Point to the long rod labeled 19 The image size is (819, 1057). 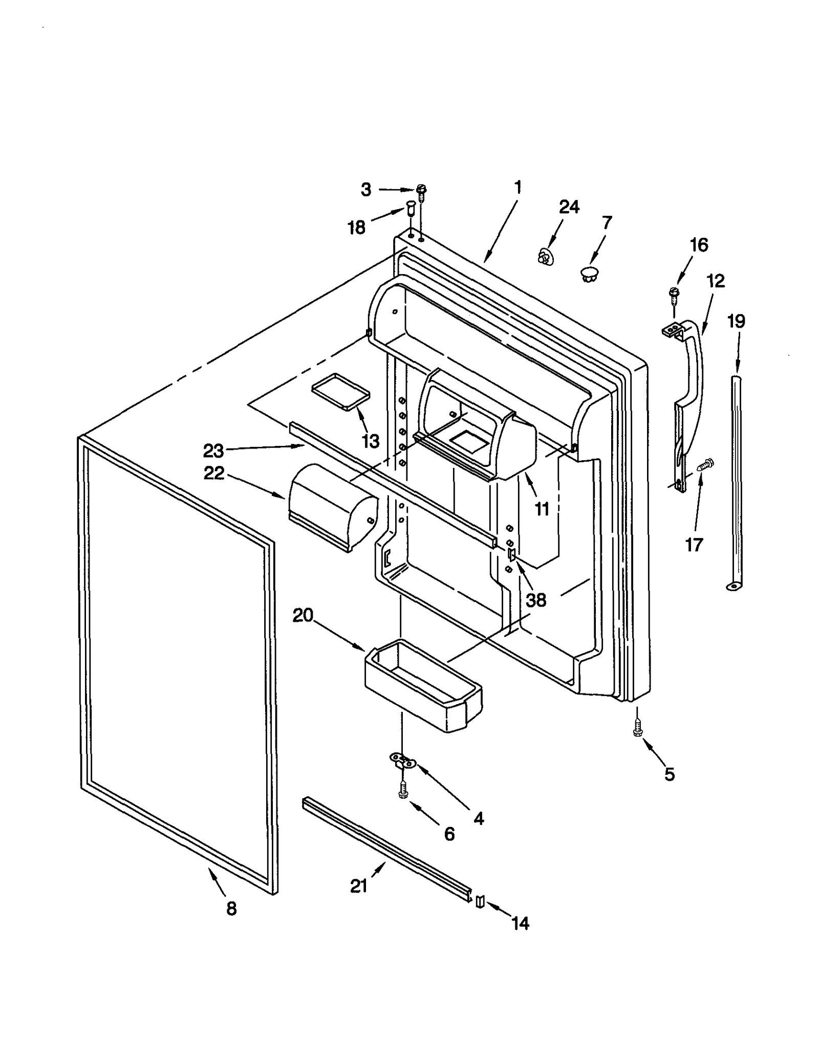pos(737,481)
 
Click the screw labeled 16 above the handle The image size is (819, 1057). pos(674,294)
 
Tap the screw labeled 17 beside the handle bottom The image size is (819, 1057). pos(705,464)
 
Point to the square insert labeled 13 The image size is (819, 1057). pos(340,391)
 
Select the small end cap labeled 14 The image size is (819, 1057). pos(480,902)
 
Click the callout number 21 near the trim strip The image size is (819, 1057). pos(358,886)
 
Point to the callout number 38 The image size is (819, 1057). pos(535,600)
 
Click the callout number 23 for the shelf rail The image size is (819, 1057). pos(213,451)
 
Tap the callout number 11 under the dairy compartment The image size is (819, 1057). pos(541,509)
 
